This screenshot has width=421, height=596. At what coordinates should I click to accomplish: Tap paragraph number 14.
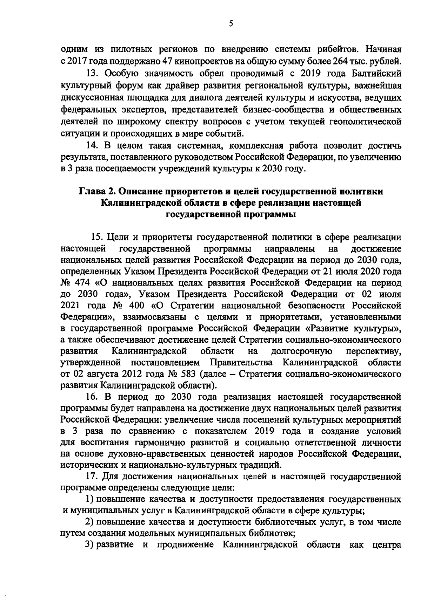pos(92,145)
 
